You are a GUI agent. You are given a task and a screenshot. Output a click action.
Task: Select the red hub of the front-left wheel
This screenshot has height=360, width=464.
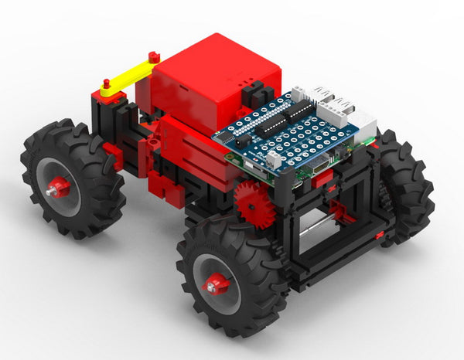tap(215, 283)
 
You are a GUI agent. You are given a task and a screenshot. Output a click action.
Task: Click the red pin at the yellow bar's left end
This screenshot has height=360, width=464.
tap(106, 83)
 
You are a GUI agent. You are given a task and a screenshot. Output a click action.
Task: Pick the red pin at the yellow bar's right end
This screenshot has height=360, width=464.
tap(154, 56)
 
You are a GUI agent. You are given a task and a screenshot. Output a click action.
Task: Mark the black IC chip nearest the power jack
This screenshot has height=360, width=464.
tap(267, 127)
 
